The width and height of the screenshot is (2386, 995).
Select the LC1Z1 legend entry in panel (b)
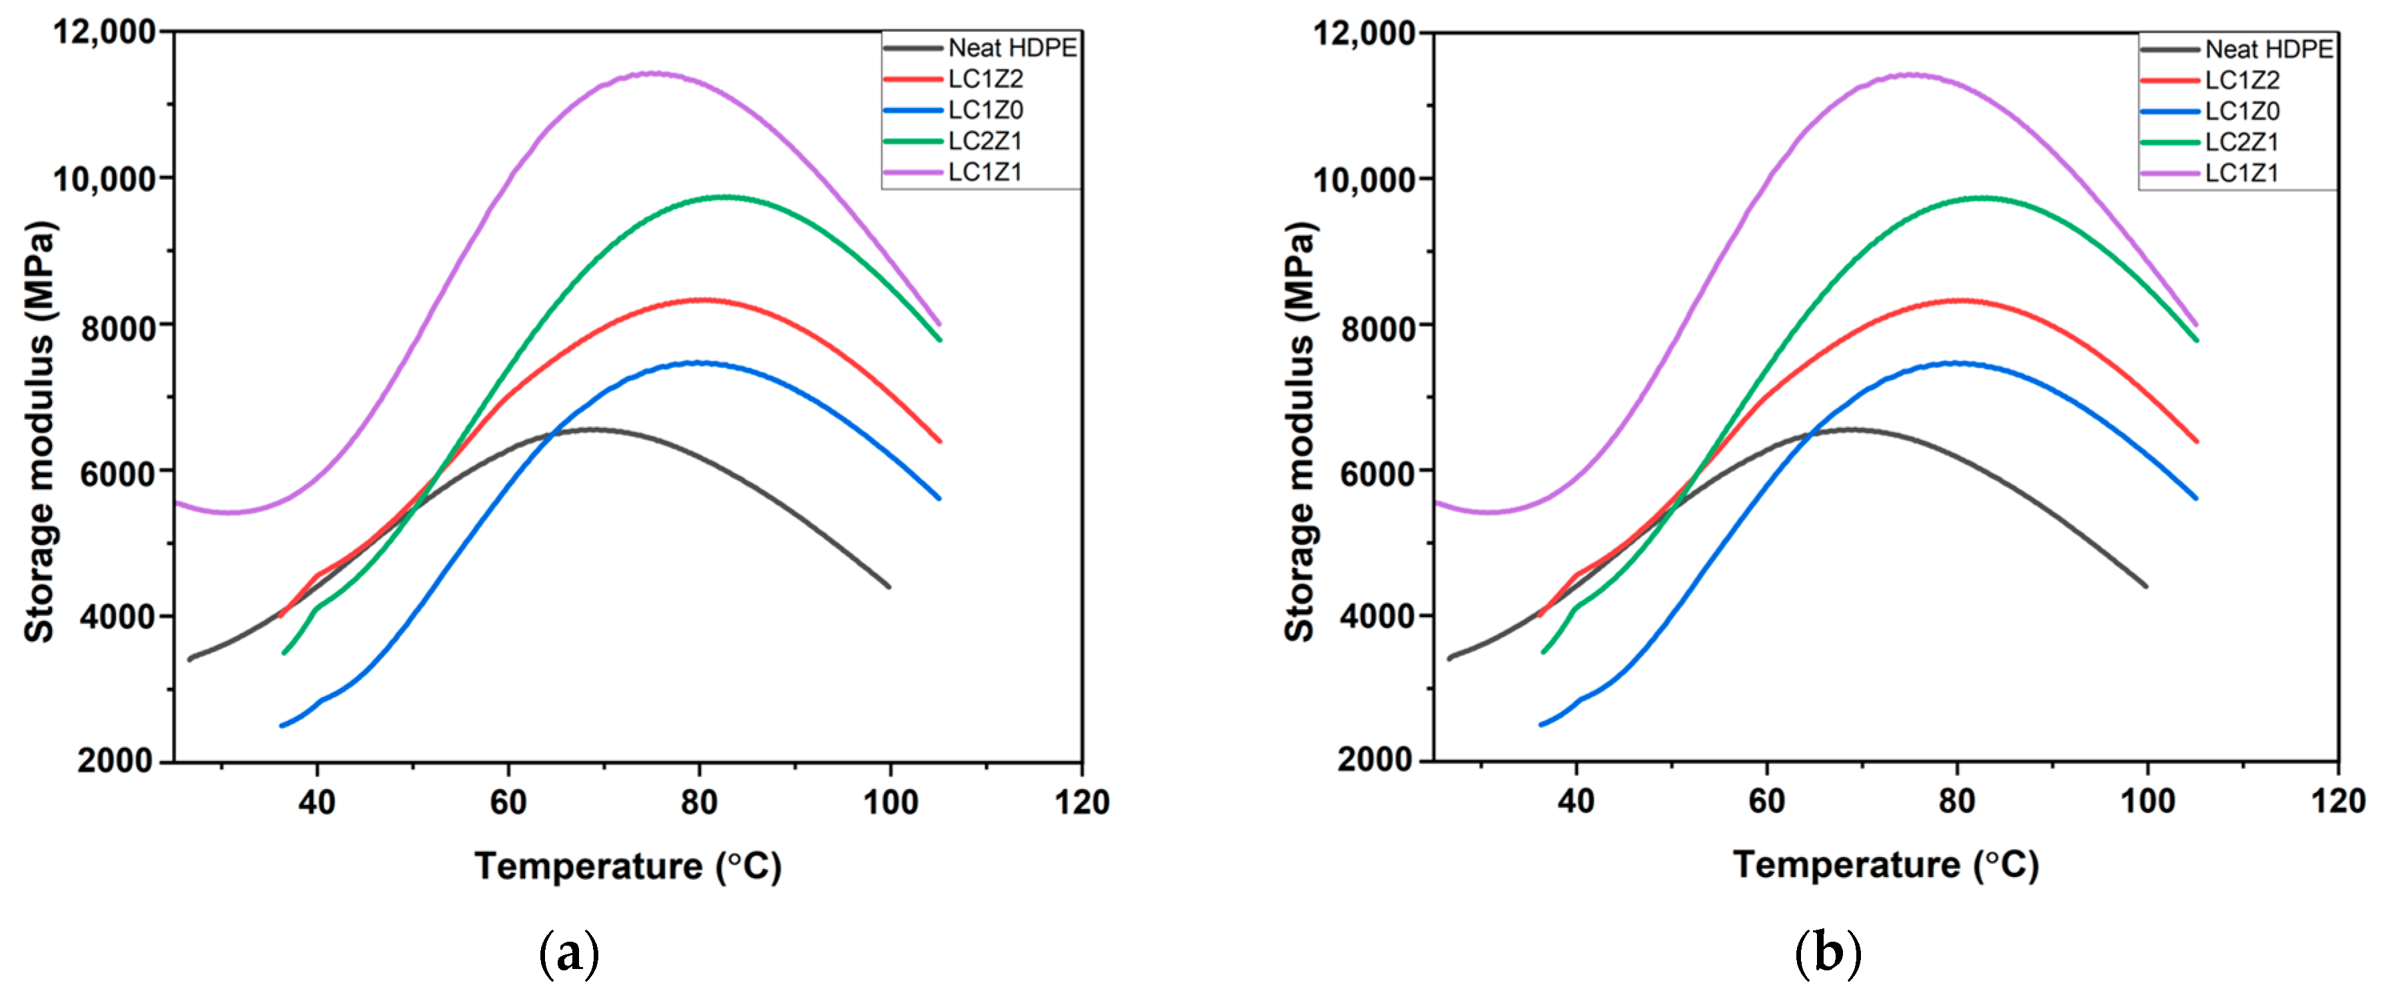(x=2241, y=173)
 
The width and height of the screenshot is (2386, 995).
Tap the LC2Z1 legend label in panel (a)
(x=985, y=141)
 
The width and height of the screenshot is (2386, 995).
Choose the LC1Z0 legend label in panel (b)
(x=2241, y=111)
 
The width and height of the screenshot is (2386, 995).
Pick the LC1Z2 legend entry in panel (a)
(x=985, y=79)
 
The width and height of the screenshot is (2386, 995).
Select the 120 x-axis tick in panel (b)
(x=2338, y=800)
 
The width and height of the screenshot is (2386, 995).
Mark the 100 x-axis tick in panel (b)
(x=2147, y=800)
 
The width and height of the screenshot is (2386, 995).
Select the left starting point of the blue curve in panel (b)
(x=1541, y=724)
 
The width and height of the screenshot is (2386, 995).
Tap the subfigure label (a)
(x=569, y=953)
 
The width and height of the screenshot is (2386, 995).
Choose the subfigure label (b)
(x=1828, y=953)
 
